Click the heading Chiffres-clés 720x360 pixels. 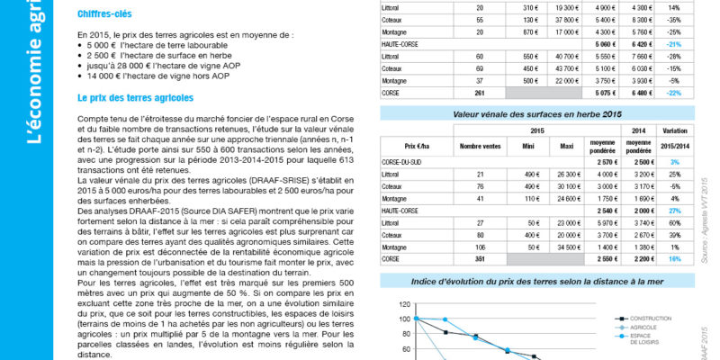coord(103,14)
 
